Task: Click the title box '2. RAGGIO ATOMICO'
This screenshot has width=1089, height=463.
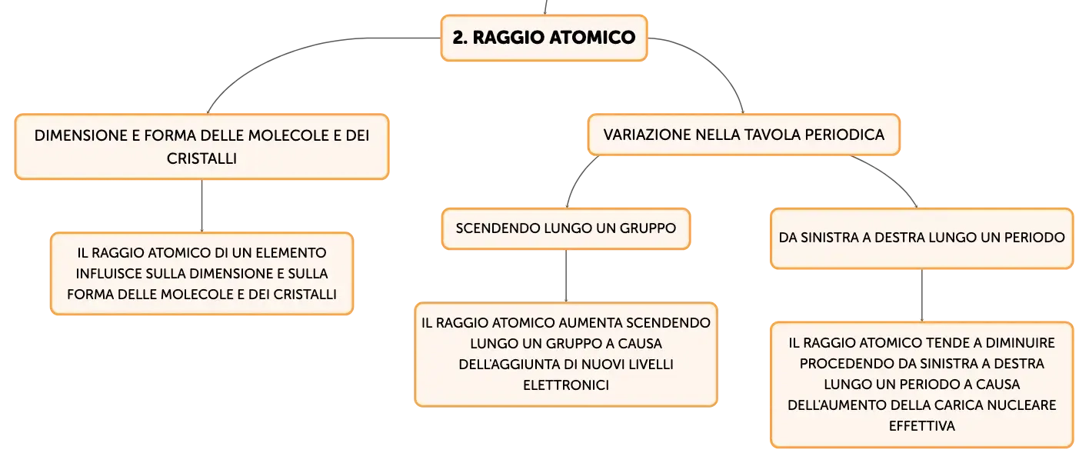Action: [544, 38]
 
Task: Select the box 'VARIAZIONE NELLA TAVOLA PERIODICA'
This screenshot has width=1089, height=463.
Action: [744, 135]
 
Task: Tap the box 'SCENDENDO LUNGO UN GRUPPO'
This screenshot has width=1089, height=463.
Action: [566, 228]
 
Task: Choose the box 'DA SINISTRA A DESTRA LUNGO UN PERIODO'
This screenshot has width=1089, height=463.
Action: [922, 238]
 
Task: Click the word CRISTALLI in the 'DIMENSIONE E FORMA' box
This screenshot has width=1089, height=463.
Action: [201, 159]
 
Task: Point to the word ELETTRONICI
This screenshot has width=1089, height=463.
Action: [566, 385]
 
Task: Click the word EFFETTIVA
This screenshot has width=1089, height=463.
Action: [922, 427]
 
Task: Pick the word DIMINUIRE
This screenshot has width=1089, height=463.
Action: [1020, 343]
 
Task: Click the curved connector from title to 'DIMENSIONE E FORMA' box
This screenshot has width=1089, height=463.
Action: [301, 54]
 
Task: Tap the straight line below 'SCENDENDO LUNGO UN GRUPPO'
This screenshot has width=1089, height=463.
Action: [566, 276]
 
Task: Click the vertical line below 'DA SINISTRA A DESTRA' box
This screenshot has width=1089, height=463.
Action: [922, 295]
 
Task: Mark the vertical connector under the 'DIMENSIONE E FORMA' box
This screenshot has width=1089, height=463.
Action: [201, 206]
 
